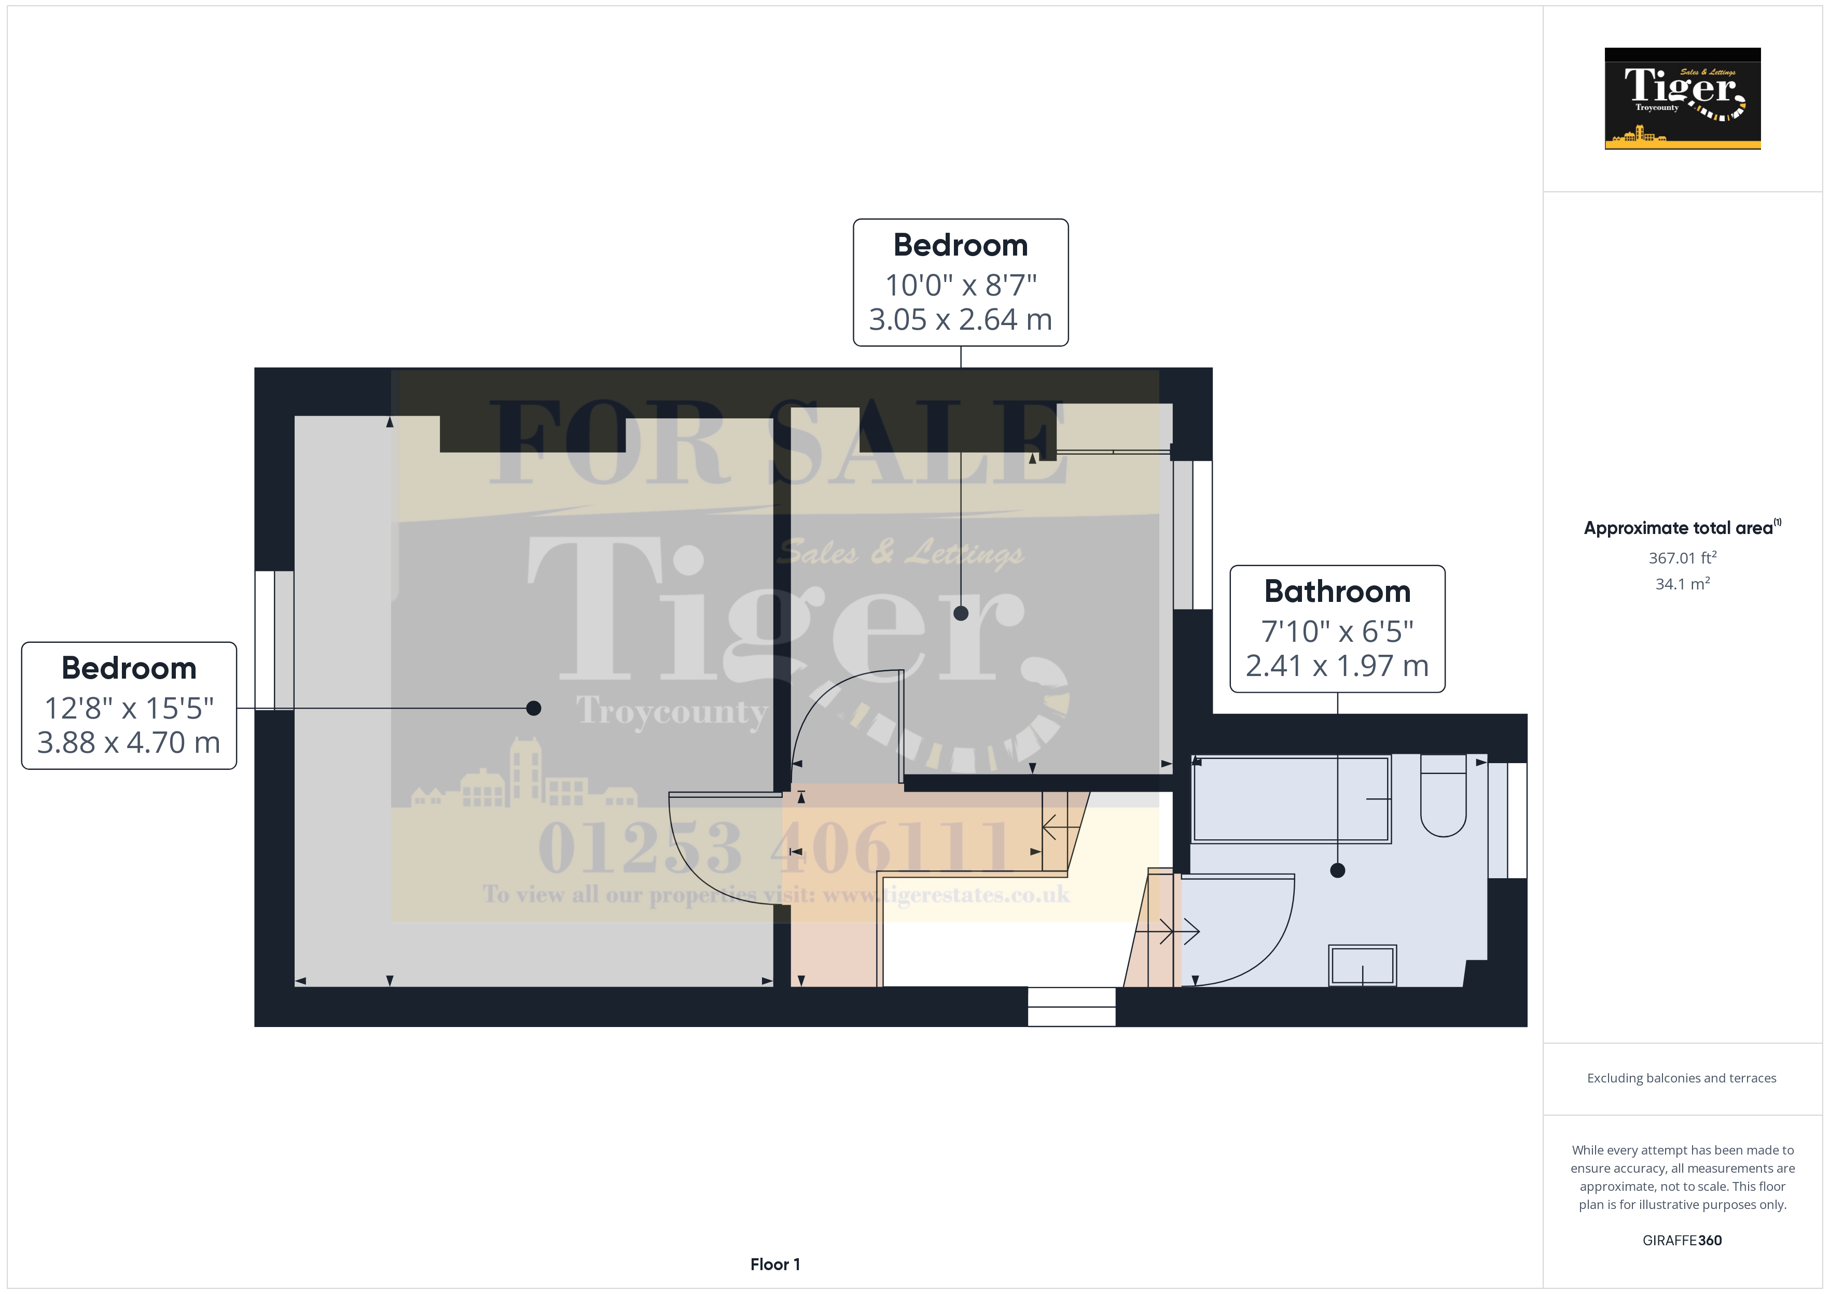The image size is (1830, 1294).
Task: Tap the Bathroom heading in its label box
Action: tap(1337, 591)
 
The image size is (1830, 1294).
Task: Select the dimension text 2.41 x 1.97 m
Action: tap(1337, 665)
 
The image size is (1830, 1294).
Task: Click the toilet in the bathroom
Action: tap(1443, 797)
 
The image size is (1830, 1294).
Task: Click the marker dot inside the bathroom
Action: tap(1337, 870)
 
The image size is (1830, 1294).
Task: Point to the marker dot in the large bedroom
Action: tap(534, 708)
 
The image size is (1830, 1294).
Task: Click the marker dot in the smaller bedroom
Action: tap(961, 613)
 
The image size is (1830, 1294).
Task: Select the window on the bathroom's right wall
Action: tap(1507, 821)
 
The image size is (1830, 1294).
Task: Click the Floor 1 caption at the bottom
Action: tap(775, 1264)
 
